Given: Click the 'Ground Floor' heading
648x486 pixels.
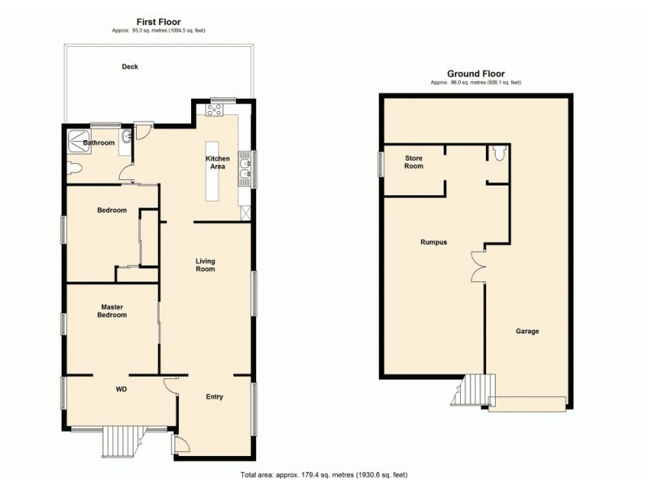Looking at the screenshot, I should click(x=476, y=74).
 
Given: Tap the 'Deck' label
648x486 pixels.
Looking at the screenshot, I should click(x=130, y=66).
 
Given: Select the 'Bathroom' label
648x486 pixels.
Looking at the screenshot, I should click(x=99, y=143).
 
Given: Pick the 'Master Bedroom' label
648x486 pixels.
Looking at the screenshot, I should click(x=113, y=311).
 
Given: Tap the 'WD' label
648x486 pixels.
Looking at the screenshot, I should click(x=122, y=389).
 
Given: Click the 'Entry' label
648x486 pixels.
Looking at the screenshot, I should click(x=214, y=397).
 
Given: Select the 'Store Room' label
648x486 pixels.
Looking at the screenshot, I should click(x=414, y=162).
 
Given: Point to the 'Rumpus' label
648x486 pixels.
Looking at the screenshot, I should click(x=434, y=242).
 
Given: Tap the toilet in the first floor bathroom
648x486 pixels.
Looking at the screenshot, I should click(x=75, y=168).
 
